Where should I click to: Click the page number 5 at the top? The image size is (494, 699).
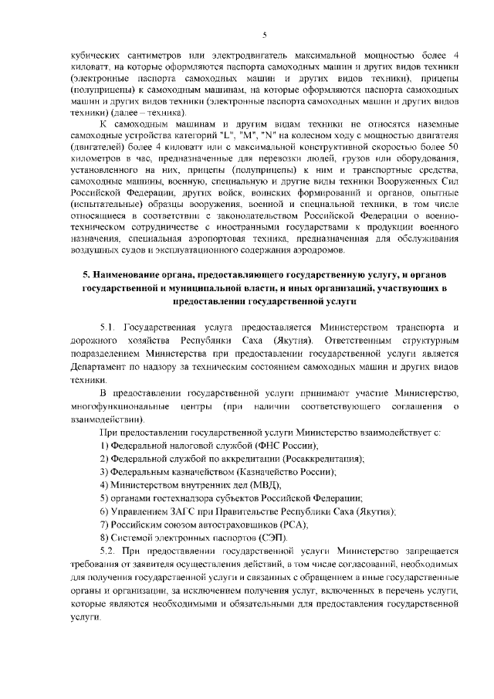coord(264,34)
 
